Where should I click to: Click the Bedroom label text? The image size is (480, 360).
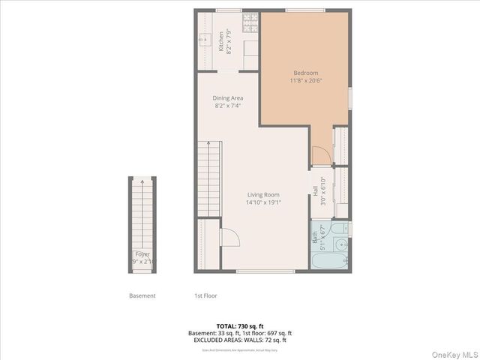[x=304, y=73]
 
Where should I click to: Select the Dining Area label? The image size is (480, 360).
[x=227, y=97]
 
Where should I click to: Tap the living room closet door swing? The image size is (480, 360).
[x=229, y=238]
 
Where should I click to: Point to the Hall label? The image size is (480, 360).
[x=314, y=191]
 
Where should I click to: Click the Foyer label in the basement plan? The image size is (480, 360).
[x=142, y=255]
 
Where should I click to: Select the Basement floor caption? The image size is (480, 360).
[x=142, y=295]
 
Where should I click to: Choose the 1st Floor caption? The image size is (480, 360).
[x=206, y=295]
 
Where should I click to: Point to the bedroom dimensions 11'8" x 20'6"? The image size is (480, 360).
[x=304, y=80]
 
